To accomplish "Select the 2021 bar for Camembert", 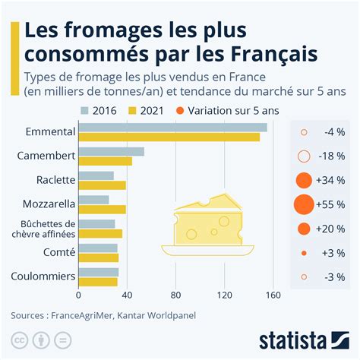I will coord(106,161).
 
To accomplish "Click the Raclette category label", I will coord(55,181).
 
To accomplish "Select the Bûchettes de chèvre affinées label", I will coord(48,229).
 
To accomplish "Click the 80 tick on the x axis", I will coord(175,295).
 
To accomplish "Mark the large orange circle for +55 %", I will coord(303,204).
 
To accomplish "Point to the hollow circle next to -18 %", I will coord(304,156).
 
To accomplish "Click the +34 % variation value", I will coord(331,181).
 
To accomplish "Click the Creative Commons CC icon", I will coord(17,339).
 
